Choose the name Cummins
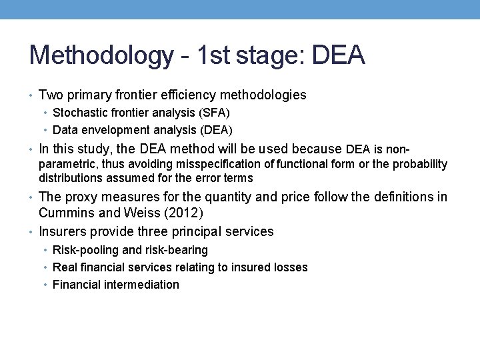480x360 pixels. tap(67, 213)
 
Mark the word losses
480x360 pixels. tap(291, 267)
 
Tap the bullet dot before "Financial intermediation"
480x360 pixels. tap(45, 285)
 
